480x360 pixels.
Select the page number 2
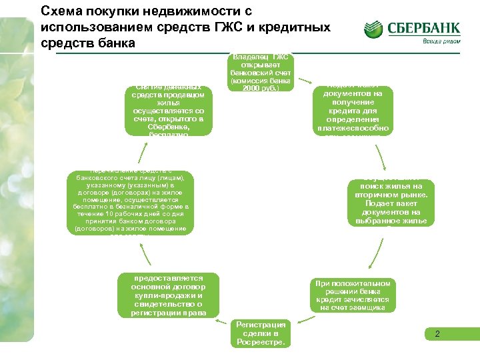(x=437, y=333)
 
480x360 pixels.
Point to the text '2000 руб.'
(x=259, y=87)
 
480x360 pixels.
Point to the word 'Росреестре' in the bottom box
(x=261, y=342)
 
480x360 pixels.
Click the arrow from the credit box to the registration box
(x=306, y=319)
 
